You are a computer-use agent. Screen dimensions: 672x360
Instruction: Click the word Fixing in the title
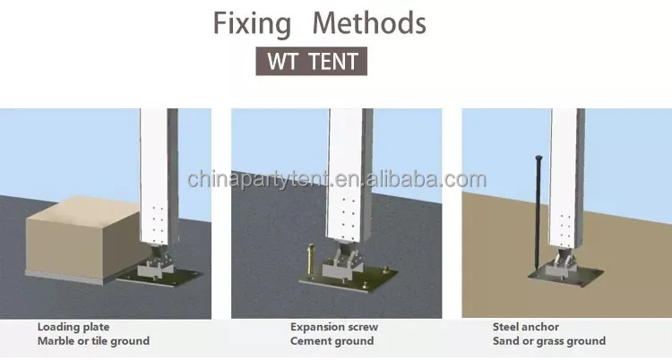[252, 22]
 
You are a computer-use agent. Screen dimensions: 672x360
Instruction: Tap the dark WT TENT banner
[311, 63]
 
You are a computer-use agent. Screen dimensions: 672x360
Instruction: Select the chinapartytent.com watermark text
[336, 179]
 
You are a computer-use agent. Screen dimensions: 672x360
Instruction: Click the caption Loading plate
[73, 327]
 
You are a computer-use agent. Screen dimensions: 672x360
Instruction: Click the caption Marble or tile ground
[93, 341]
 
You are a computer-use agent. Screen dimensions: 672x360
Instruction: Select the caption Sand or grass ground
[549, 341]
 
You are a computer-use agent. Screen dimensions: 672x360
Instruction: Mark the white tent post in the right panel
[568, 179]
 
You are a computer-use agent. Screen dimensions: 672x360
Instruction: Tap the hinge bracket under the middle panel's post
[344, 260]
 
